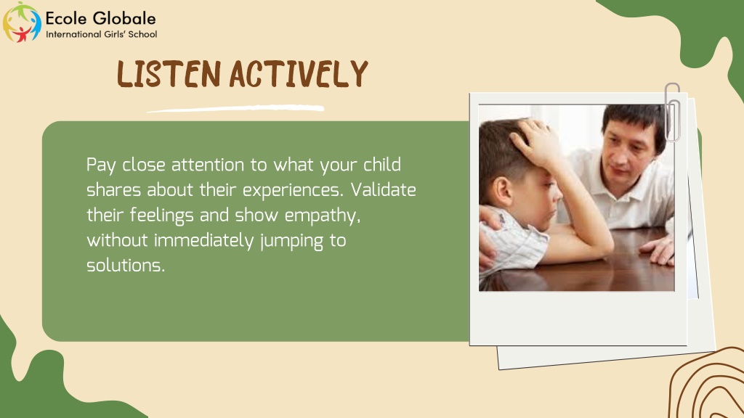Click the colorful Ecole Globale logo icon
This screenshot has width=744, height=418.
[22, 22]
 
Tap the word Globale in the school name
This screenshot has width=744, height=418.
[124, 18]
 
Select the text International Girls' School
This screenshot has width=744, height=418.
[101, 34]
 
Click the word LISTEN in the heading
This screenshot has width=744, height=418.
[169, 74]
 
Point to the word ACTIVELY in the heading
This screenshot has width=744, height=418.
[299, 74]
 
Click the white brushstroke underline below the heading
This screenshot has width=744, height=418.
[235, 109]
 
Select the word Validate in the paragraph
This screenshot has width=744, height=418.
[384, 189]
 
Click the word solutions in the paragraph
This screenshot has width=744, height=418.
[125, 266]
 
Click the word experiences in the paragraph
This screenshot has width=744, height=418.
[293, 191]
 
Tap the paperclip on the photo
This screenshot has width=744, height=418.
[672, 112]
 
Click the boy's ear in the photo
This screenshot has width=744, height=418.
[502, 191]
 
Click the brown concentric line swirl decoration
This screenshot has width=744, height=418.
[707, 383]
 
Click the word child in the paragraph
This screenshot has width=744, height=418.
[382, 165]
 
